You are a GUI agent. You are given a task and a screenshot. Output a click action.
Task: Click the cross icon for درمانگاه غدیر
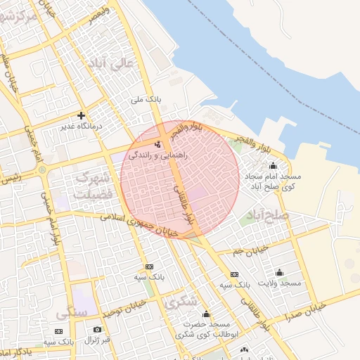click(82, 115)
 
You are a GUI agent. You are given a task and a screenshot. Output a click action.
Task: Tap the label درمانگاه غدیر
click(82, 126)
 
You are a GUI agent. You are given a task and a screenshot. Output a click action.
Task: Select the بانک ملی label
click(146, 100)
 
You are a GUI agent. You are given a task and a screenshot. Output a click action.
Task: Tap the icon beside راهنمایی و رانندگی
click(157, 142)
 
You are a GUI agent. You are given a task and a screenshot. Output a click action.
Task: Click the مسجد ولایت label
click(280, 283)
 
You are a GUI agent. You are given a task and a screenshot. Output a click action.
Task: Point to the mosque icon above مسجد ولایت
click(280, 272)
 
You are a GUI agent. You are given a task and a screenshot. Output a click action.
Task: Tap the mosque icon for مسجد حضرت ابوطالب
click(206, 314)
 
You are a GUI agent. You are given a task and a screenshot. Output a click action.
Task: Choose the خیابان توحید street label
click(127, 307)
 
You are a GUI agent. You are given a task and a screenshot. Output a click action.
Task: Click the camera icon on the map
click(97, 329)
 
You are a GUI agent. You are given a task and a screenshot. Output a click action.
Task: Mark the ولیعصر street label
click(96, 12)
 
